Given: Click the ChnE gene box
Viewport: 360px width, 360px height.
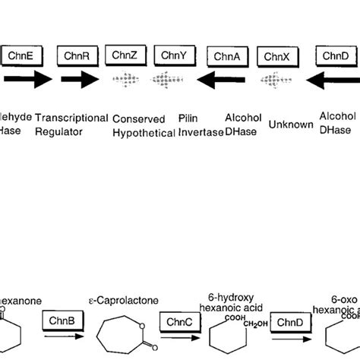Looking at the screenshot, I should (x=22, y=55).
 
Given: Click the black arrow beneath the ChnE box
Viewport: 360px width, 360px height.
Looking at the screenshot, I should (x=23, y=78).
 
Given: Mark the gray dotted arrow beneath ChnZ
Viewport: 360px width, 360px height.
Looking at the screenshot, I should (x=128, y=79).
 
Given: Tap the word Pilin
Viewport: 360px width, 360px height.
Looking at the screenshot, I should (x=188, y=119).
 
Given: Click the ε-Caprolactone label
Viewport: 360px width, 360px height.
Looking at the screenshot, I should (x=124, y=301).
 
